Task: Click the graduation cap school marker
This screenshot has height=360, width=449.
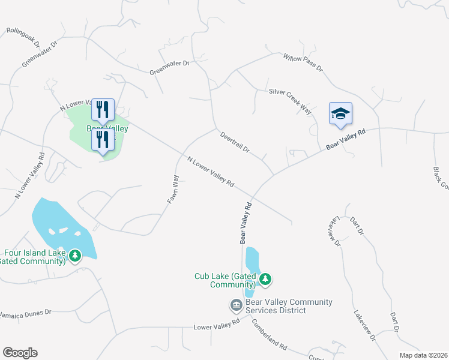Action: [340, 113]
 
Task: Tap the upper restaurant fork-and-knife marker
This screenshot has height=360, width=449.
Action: [102, 110]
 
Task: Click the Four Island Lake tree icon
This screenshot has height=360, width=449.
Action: [75, 256]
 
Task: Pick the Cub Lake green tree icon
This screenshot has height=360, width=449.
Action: [265, 278]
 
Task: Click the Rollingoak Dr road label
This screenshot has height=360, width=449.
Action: [23, 37]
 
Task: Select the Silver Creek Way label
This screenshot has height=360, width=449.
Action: [291, 101]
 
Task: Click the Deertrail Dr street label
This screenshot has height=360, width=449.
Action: [234, 142]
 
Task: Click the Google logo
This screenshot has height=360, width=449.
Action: [20, 353]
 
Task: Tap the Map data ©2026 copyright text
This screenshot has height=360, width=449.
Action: [423, 355]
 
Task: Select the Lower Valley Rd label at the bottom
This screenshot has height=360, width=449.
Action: [217, 325]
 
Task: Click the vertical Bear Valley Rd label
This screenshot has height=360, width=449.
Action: [246, 222]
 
